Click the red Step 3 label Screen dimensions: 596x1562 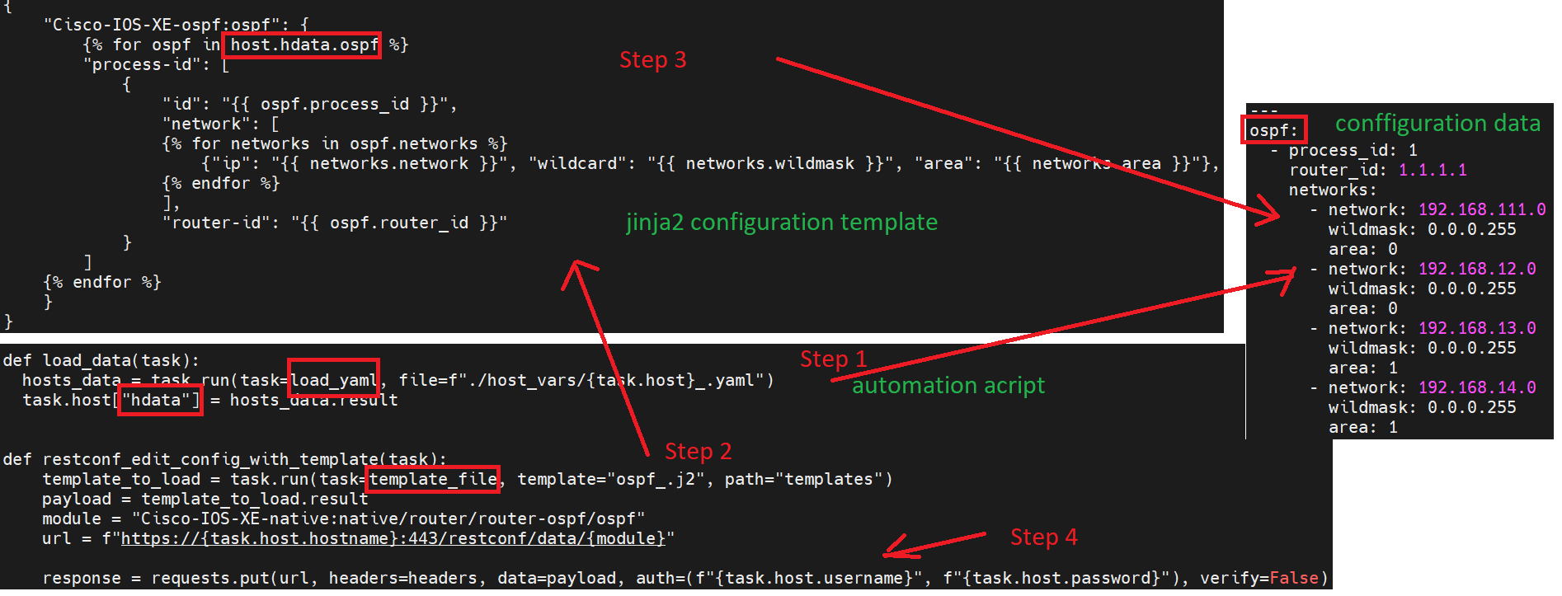point(652,60)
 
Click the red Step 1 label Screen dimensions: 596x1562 point(833,359)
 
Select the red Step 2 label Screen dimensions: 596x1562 point(698,452)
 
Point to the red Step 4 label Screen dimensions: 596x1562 point(1043,537)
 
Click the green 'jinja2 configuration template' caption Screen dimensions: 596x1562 point(781,223)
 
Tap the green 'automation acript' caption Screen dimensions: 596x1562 point(948,386)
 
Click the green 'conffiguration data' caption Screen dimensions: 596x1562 point(1437,124)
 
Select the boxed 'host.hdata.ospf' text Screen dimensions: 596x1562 point(303,45)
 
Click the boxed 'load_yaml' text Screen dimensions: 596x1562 point(333,380)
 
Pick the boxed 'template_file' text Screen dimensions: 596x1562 point(433,479)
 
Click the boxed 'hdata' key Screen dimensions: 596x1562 point(159,401)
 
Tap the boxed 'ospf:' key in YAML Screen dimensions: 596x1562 point(1273,130)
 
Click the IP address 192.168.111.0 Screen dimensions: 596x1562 point(1481,210)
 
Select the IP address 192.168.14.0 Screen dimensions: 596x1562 point(1476,388)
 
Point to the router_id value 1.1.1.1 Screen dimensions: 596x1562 point(1433,171)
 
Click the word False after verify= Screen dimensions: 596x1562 point(1293,578)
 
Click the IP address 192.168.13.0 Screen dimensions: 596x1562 point(1476,329)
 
